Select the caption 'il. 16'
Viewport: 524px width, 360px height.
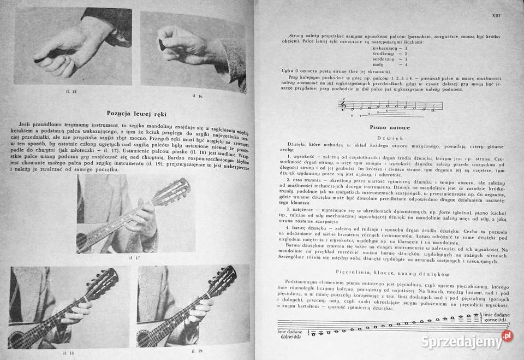click(x=197, y=96)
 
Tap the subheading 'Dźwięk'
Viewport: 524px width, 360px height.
click(x=385, y=138)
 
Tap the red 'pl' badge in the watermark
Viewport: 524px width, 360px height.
click(x=507, y=336)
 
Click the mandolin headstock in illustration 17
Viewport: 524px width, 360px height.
click(x=177, y=189)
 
